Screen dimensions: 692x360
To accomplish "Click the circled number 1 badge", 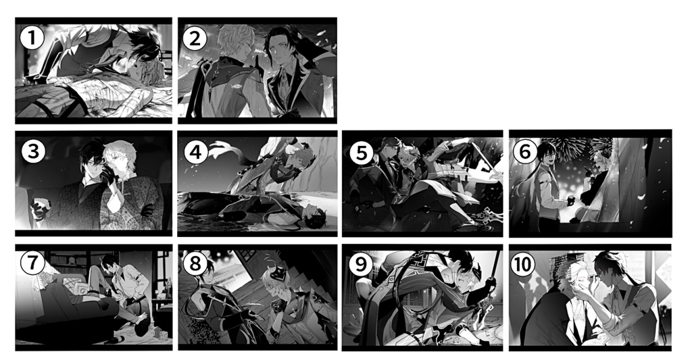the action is pyautogui.click(x=32, y=38).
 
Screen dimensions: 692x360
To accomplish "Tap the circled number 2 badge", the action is pyautogui.click(x=194, y=38).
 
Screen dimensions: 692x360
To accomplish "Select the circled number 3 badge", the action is pyautogui.click(x=33, y=151).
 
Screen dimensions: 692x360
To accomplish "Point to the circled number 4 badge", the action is pyautogui.click(x=195, y=152).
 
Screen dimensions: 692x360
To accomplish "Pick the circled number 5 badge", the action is pyautogui.click(x=362, y=153).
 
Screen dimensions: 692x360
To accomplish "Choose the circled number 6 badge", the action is pyautogui.click(x=524, y=151).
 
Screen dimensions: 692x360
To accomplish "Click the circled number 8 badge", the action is pyautogui.click(x=195, y=264).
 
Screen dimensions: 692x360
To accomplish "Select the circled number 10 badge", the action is pyautogui.click(x=523, y=264).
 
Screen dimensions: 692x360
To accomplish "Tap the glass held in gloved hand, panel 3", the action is pyautogui.click(x=39, y=205).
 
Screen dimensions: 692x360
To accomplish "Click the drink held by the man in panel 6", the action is pyautogui.click(x=569, y=202).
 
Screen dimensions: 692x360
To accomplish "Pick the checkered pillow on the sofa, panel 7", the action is pyautogui.click(x=82, y=289).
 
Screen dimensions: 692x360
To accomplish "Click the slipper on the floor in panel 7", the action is pyautogui.click(x=116, y=339).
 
